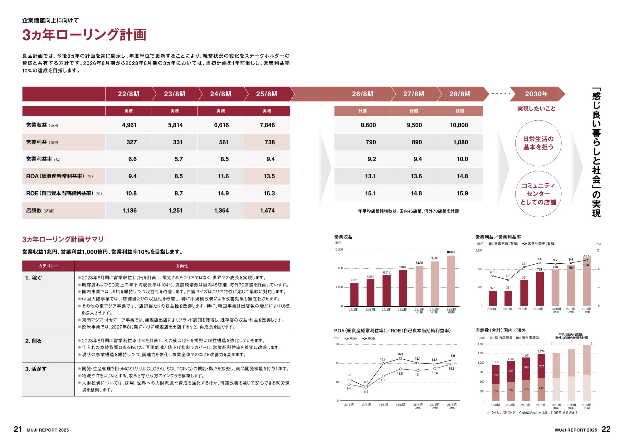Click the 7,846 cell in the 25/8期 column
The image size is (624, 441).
[267, 125]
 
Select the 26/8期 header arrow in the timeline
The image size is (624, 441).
[362, 94]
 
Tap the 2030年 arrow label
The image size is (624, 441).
[536, 94]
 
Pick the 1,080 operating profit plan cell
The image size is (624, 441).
[461, 142]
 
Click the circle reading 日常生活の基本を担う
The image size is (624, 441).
[538, 143]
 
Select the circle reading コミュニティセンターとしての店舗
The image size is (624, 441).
[538, 194]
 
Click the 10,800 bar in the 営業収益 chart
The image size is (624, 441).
[451, 280]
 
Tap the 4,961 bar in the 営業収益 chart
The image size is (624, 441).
[354, 295]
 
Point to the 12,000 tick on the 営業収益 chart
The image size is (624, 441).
[339, 250]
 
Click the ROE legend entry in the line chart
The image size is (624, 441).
[369, 339]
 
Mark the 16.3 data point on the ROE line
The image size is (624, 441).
[400, 358]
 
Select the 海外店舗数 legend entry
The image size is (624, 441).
[528, 338]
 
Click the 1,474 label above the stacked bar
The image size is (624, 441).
[541, 352]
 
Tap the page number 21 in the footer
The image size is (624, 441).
[18, 429]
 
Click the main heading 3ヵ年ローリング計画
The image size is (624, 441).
[84, 35]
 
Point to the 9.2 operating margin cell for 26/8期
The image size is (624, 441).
[372, 159]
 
